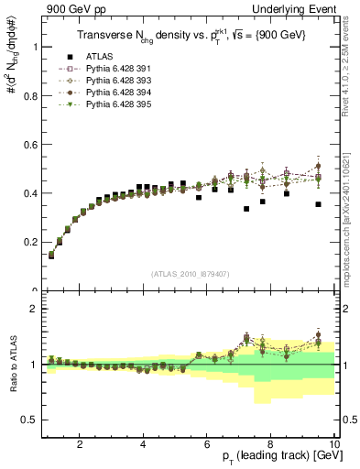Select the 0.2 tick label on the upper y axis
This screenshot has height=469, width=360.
click(x=29, y=243)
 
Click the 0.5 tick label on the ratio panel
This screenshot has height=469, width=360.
click(x=29, y=420)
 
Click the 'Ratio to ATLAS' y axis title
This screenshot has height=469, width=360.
click(x=11, y=366)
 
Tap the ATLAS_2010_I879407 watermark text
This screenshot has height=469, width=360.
click(x=190, y=272)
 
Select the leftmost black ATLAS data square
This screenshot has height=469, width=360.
click(x=51, y=256)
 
